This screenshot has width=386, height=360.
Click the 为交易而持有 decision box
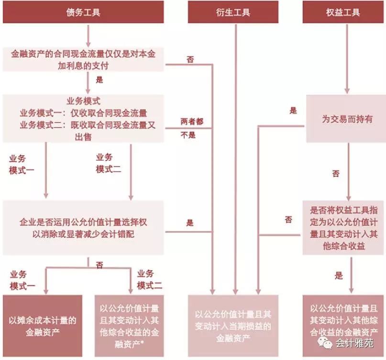pyautogui.click(x=347, y=119)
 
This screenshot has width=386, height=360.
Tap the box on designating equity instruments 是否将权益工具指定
pyautogui.click(x=344, y=227)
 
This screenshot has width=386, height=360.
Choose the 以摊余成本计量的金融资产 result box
pyautogui.click(x=43, y=326)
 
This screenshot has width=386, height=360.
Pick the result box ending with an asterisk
pyautogui.click(x=129, y=326)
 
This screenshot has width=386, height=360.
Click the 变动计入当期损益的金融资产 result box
pyautogui.click(x=233, y=326)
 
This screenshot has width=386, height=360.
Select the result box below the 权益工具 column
pyautogui.click(x=344, y=326)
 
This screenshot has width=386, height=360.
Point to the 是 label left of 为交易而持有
pyautogui.click(x=293, y=111)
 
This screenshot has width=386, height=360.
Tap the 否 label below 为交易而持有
pyautogui.click(x=336, y=174)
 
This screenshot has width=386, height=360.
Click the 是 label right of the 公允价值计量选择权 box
pyautogui.click(x=190, y=223)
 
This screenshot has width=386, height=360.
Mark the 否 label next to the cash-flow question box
pyautogui.click(x=190, y=59)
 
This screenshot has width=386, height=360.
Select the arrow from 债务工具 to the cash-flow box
pyautogui.click(x=88, y=35)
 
